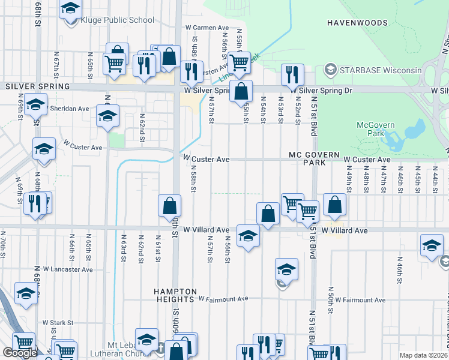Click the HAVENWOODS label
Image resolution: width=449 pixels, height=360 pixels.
coord(358,22)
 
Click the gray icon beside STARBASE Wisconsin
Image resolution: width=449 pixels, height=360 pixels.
coord(330,70)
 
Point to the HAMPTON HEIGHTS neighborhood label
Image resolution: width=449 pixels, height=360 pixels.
coord(176,295)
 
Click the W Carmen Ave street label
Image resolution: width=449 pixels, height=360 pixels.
coord(207,28)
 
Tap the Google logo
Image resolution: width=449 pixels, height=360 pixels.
coord(20,353)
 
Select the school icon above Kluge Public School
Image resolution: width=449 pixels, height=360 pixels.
coord(71,9)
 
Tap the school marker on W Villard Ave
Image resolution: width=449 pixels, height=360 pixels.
coord(247,236)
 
